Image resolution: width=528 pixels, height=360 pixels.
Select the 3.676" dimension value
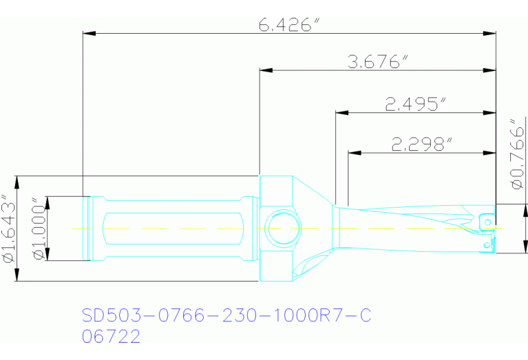click(x=374, y=63)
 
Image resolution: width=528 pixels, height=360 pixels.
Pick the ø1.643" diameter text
click(x=8, y=229)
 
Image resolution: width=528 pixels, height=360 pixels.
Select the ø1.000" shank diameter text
click(x=39, y=229)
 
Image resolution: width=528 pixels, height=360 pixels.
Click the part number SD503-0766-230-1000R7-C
click(x=226, y=316)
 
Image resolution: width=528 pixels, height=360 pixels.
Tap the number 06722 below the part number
click(x=111, y=337)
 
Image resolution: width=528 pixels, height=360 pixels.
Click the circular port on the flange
click(x=282, y=228)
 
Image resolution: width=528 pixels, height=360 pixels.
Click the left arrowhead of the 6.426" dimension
click(x=87, y=32)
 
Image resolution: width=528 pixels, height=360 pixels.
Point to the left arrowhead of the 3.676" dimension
click(x=264, y=70)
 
